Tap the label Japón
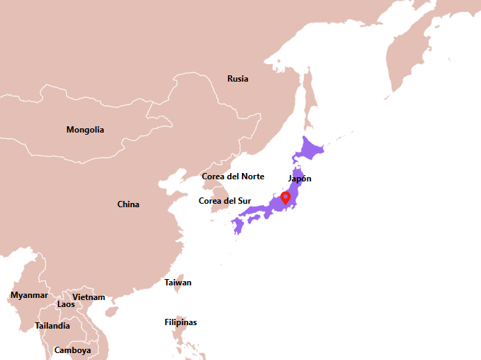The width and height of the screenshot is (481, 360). click(x=300, y=179)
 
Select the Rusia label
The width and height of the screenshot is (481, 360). click(x=238, y=79)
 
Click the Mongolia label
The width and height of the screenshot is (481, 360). click(x=85, y=130)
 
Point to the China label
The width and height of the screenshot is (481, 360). click(x=128, y=204)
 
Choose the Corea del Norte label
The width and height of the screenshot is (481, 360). click(x=233, y=177)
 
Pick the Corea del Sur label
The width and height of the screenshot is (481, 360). click(x=224, y=201)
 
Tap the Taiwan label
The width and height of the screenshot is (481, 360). click(x=178, y=283)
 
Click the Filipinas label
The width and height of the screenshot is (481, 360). click(x=181, y=322)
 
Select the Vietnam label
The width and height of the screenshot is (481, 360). click(x=89, y=297)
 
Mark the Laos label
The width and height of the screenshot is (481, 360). click(x=66, y=304)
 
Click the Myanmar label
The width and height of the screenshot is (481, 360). click(x=29, y=295)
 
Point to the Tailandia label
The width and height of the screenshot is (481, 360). click(x=52, y=326)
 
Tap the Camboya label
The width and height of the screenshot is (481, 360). click(x=72, y=350)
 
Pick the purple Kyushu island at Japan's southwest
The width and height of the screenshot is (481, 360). click(x=238, y=225)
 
